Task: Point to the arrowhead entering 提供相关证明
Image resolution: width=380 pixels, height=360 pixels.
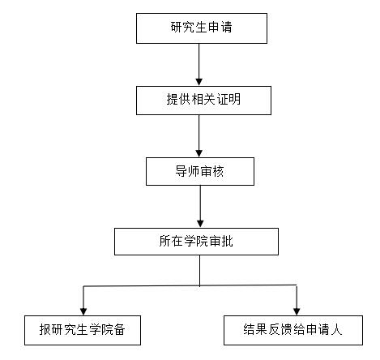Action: coord(199,82)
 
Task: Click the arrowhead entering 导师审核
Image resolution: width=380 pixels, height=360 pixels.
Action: coord(199,153)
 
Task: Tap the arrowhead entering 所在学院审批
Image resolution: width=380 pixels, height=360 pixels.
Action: coord(200,224)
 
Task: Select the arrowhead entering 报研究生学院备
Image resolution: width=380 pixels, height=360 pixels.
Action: coord(83,311)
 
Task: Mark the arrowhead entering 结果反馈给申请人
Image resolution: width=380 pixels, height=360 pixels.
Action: coord(297,311)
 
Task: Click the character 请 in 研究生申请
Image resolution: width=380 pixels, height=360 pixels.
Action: coord(226,28)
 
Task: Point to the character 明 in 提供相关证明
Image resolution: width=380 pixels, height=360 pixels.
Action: coord(234,99)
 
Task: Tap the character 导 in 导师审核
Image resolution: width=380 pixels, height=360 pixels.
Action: coord(181,171)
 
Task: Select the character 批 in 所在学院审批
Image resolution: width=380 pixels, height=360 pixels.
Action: coord(227,241)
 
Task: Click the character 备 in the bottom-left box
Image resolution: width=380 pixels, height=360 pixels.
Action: coord(119,329)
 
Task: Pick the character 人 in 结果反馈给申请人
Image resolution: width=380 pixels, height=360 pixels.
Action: coord(336,329)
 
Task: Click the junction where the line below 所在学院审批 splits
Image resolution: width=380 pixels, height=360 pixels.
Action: coord(200,285)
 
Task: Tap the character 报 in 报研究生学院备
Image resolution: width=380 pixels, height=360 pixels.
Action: coord(45,329)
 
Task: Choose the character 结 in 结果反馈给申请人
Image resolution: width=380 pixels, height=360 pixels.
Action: coord(250,329)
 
